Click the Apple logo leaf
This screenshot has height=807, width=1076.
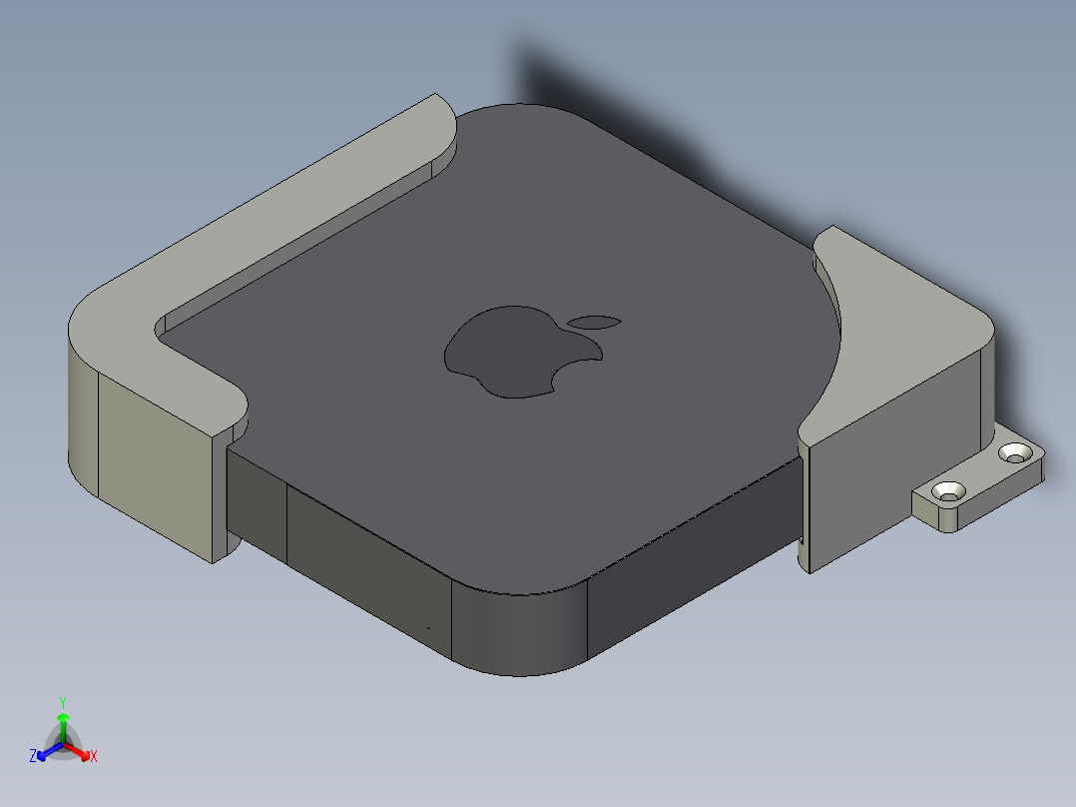click(x=596, y=322)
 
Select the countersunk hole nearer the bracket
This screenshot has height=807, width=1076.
click(x=948, y=491)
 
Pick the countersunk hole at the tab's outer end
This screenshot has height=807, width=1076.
click(x=1017, y=453)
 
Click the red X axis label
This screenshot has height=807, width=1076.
click(x=94, y=757)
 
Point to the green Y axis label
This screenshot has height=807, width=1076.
click(x=63, y=702)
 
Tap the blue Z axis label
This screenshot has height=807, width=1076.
click(x=33, y=756)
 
